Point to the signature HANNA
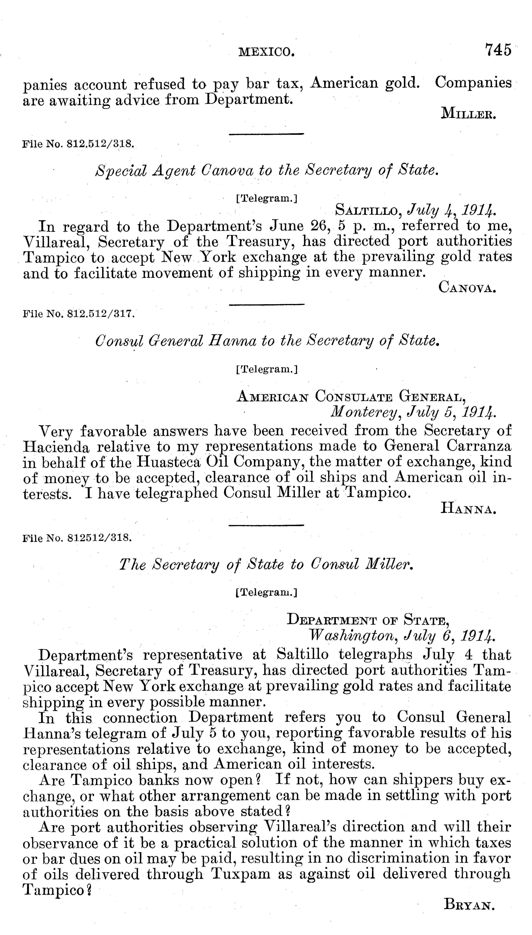pos(469,509)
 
